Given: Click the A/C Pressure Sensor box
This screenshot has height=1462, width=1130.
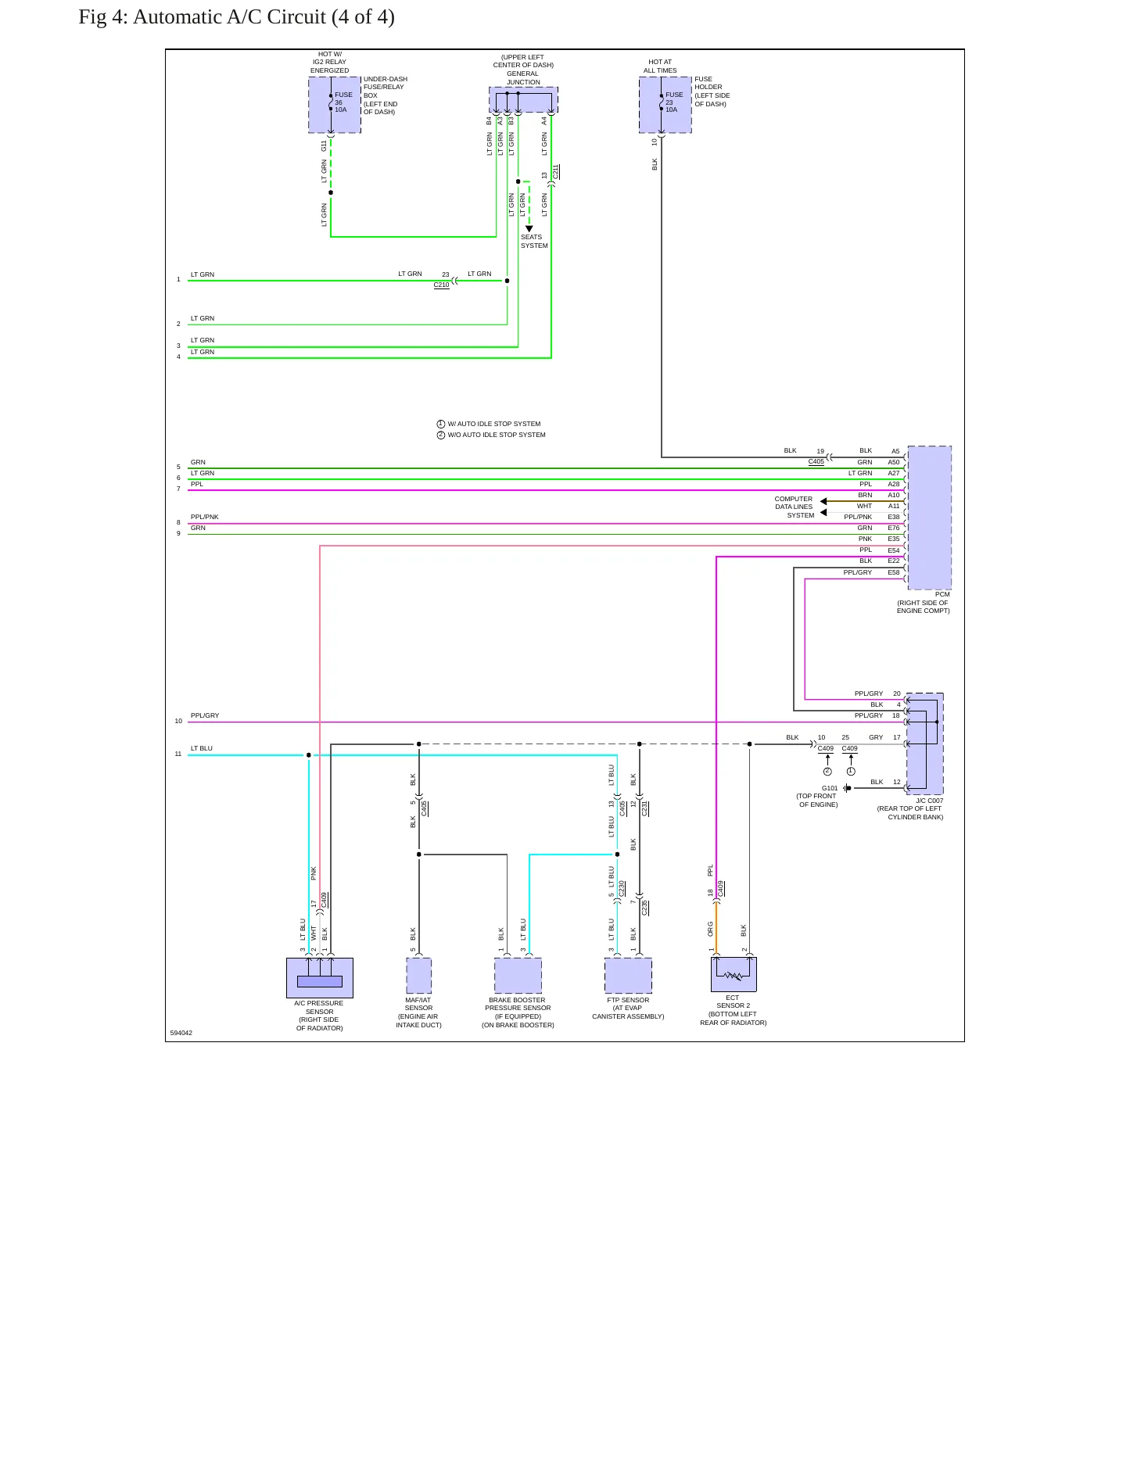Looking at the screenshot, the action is (x=319, y=977).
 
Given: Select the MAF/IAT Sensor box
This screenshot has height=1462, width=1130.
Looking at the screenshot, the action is (x=418, y=976).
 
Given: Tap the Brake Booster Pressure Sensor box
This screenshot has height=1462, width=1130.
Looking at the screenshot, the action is (x=518, y=976).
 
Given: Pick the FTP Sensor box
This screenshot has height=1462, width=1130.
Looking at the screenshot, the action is (x=628, y=976).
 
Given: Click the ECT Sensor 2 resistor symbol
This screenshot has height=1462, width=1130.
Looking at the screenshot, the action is (x=733, y=976).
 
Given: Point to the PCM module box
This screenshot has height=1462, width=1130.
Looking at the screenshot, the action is (x=929, y=518).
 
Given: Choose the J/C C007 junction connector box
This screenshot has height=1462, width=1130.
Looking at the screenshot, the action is (x=924, y=744).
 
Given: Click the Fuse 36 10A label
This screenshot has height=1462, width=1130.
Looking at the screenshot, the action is (x=343, y=102).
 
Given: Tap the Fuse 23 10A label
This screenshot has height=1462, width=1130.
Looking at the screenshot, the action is (x=673, y=102).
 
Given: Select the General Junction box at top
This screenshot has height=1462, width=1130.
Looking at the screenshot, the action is (x=523, y=100).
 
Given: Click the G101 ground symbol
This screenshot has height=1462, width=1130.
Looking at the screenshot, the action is (x=847, y=788).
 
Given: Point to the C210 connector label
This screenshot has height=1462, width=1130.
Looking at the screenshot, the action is (x=442, y=285).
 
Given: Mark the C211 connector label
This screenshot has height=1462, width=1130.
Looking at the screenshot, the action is (x=556, y=172).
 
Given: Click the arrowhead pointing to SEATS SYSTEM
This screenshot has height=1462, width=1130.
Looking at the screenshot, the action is (x=529, y=229).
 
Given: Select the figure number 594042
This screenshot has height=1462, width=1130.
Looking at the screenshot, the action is (x=181, y=1033).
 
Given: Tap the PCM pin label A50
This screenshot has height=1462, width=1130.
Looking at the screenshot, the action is (x=894, y=462).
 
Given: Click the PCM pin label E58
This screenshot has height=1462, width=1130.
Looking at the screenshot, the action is (x=894, y=572).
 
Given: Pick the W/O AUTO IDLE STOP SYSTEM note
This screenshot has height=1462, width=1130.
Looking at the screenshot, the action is (x=491, y=435).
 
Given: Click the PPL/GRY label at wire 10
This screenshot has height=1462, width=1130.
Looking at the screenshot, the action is (x=205, y=715).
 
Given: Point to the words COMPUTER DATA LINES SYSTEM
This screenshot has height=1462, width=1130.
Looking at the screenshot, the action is (x=794, y=507).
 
